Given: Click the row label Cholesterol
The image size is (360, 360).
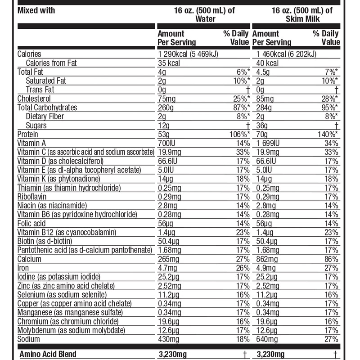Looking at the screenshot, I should pyautogui.click(x=34, y=99).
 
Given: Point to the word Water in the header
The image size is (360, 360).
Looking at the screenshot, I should pyautogui.click(x=205, y=19).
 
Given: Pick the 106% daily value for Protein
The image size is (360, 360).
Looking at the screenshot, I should pyautogui.click(x=239, y=135).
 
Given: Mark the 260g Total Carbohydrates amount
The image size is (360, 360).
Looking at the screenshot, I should pyautogui.click(x=166, y=108).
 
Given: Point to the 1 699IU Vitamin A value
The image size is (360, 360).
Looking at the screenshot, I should pyautogui.click(x=269, y=143).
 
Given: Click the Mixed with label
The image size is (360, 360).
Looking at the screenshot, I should pyautogui.click(x=36, y=10).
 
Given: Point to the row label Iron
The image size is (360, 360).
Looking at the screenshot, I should pyautogui.click(x=23, y=268).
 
